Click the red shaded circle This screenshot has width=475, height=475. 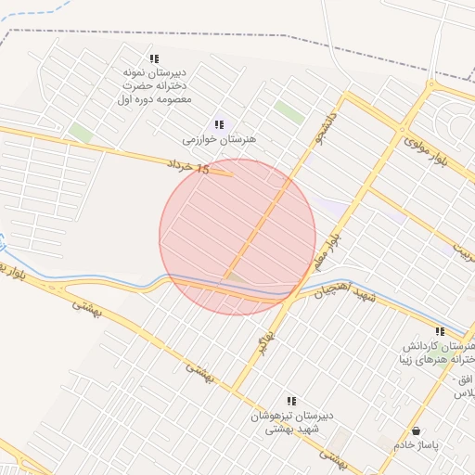237,237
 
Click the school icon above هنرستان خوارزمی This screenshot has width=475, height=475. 219,123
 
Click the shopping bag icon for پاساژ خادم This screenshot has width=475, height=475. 417,431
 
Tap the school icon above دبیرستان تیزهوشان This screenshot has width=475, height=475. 291,401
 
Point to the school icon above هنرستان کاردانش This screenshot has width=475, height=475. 440,331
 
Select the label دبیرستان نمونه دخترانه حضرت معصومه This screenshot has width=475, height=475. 154,84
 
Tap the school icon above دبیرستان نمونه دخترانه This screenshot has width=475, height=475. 154,58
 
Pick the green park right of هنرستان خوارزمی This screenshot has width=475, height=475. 289,112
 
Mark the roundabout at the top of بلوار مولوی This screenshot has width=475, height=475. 430,85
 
